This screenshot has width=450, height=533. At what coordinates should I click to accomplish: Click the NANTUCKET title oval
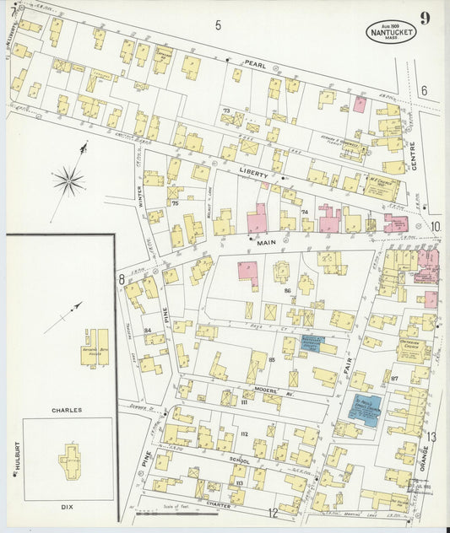pyautogui.click(x=391, y=32)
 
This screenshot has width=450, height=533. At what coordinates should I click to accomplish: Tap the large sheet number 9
pyautogui.click(x=425, y=19)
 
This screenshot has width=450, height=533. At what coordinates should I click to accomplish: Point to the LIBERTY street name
pyautogui.click(x=252, y=174)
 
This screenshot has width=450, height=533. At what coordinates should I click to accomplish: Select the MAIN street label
pyautogui.click(x=266, y=242)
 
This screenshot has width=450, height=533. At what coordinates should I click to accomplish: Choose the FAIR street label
pyautogui.click(x=348, y=361)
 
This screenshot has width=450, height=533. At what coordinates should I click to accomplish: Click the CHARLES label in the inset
pyautogui.click(x=67, y=410)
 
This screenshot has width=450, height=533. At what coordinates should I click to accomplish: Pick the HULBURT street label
pyautogui.click(x=16, y=463)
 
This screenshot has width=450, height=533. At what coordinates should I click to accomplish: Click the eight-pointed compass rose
pyautogui.click(x=68, y=179)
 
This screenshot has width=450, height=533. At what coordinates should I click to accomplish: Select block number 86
pyautogui.click(x=287, y=290)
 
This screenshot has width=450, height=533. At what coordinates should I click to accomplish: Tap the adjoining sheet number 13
pyautogui.click(x=431, y=437)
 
